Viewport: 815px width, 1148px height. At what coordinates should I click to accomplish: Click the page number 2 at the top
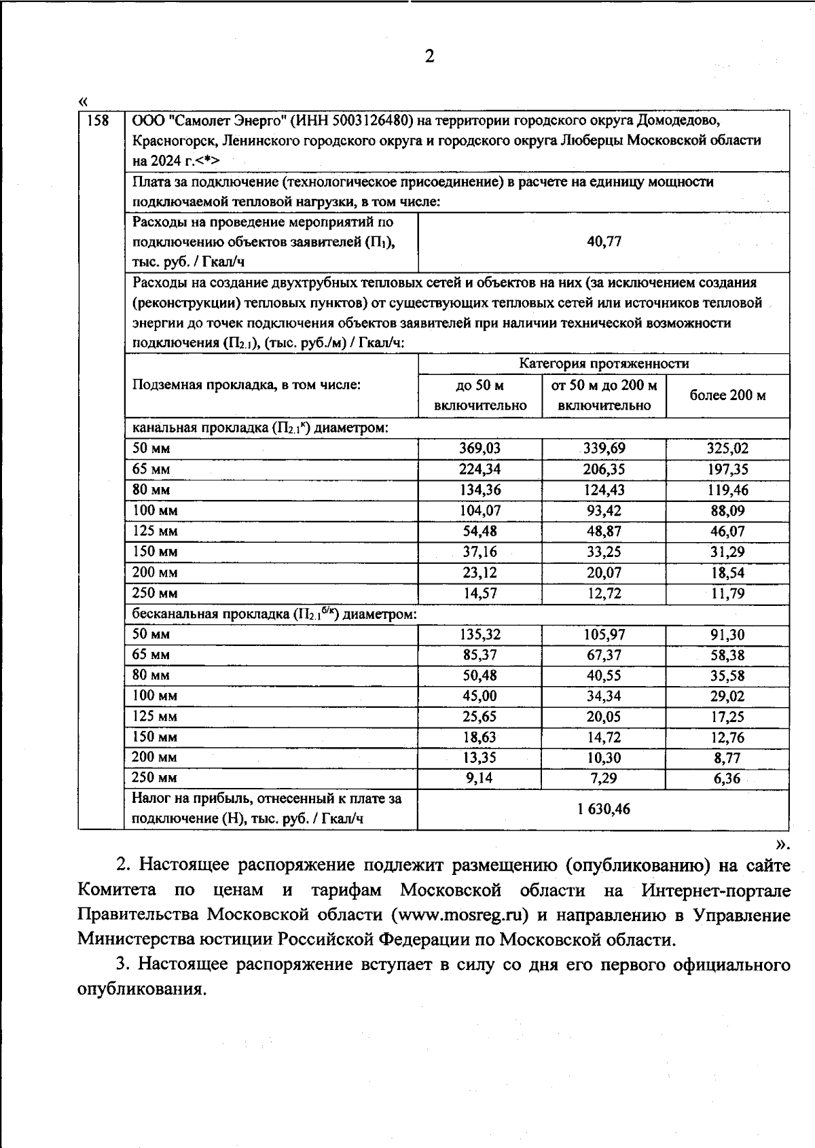coord(429,57)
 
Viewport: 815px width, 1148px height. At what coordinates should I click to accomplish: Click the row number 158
coord(99,121)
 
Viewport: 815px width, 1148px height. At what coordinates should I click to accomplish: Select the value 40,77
coord(604,242)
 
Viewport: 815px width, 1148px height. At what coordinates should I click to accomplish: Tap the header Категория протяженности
coord(604,363)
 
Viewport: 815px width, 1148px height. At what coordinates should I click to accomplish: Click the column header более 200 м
coord(727,395)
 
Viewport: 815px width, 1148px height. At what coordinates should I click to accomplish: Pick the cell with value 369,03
coord(480,448)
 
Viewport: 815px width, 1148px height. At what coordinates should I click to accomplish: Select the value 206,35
coord(604,469)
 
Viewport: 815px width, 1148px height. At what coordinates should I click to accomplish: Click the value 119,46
coord(727,490)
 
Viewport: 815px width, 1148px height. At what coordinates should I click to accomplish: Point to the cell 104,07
coord(480,510)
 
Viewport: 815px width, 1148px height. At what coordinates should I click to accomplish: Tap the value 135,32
coord(480,634)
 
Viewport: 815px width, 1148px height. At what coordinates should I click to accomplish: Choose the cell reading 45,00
coord(480,696)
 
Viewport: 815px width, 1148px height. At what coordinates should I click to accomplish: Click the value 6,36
coord(727,778)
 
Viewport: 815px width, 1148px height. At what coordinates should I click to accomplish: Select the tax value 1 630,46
coord(604,809)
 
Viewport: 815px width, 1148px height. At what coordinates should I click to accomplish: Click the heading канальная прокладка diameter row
coord(260,428)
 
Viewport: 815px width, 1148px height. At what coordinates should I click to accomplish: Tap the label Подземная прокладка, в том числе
coord(246,385)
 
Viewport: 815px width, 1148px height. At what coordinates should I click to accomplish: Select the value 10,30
coord(604,757)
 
